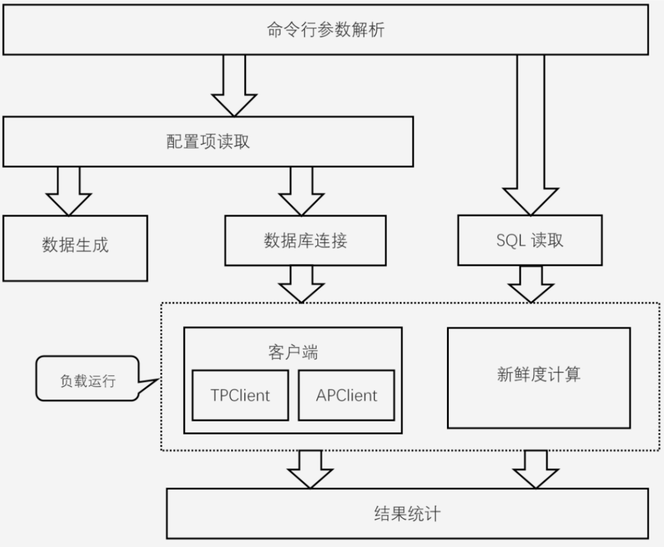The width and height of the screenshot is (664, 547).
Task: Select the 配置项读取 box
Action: [x=208, y=142]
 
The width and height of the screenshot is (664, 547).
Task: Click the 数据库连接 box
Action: [x=305, y=240]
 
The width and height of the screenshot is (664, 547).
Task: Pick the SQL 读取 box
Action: [x=529, y=240]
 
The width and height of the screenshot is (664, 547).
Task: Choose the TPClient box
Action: [x=240, y=395]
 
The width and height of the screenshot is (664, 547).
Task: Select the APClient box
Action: [x=346, y=395]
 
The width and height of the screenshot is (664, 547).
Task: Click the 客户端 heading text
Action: [x=293, y=352]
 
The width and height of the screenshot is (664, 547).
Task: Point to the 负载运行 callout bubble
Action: [x=87, y=380]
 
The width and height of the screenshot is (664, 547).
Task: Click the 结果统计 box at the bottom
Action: [x=407, y=513]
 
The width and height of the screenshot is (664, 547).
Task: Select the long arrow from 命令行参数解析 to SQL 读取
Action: [x=530, y=135]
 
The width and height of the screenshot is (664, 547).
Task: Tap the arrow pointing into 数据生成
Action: [x=68, y=191]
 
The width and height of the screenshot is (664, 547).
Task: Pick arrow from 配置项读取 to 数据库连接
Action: [x=301, y=191]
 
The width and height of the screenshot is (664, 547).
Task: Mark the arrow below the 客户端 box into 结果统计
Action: [x=310, y=469]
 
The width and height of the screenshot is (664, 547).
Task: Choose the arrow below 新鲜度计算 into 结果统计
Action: [x=536, y=469]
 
